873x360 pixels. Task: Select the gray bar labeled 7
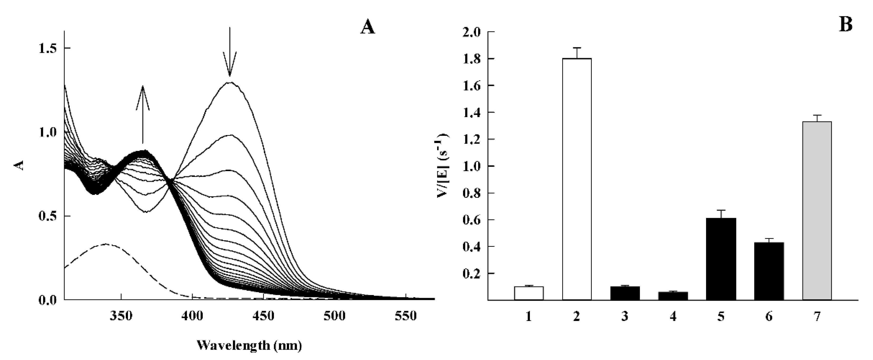coord(817,210)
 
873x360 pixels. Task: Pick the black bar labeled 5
coord(721,259)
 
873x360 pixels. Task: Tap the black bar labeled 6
coord(769,271)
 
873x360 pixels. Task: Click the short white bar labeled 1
coord(529,293)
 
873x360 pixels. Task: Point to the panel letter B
coord(846,25)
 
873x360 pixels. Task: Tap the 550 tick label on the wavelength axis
coord(406,316)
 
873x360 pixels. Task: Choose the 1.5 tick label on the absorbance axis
coord(48,49)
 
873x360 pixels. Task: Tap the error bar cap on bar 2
coord(577,48)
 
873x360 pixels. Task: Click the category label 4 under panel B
coord(673,317)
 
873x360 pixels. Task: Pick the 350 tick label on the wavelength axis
coord(121,316)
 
